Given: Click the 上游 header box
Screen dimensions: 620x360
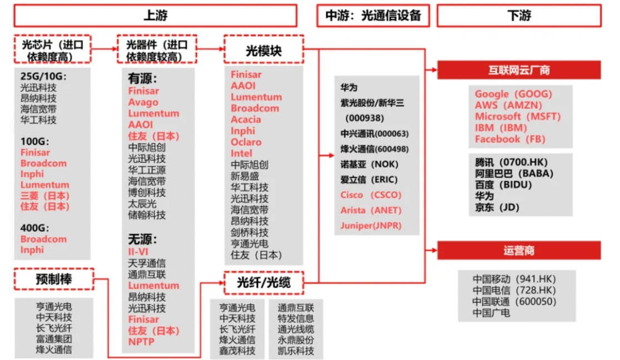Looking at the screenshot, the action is click(155, 16).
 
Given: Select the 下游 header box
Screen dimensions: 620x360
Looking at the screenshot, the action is click(519, 16).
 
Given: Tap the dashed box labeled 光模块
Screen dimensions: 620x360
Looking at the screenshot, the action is click(263, 51).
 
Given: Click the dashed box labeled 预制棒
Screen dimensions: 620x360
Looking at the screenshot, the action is click(53, 279).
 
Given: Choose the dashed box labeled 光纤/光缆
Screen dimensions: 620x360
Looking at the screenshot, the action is click(263, 283).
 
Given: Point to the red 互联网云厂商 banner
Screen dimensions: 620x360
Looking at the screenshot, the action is click(519, 71).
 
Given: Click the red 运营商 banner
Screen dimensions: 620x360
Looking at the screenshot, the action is click(519, 251).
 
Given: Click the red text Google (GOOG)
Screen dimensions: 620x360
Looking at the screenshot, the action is click(513, 94).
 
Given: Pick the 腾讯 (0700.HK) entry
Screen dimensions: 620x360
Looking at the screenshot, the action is click(511, 162).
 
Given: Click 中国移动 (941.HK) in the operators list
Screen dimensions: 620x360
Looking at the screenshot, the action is click(514, 279).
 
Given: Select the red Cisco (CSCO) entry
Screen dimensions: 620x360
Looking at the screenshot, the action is click(371, 195).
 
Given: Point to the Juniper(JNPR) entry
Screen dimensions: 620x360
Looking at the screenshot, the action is click(371, 226).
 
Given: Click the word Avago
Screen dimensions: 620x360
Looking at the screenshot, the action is click(143, 102).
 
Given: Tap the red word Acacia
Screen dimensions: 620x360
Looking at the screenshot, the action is click(246, 119).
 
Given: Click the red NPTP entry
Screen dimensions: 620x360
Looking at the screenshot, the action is click(141, 342).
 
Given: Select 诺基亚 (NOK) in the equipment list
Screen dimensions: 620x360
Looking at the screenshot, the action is click(369, 164).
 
